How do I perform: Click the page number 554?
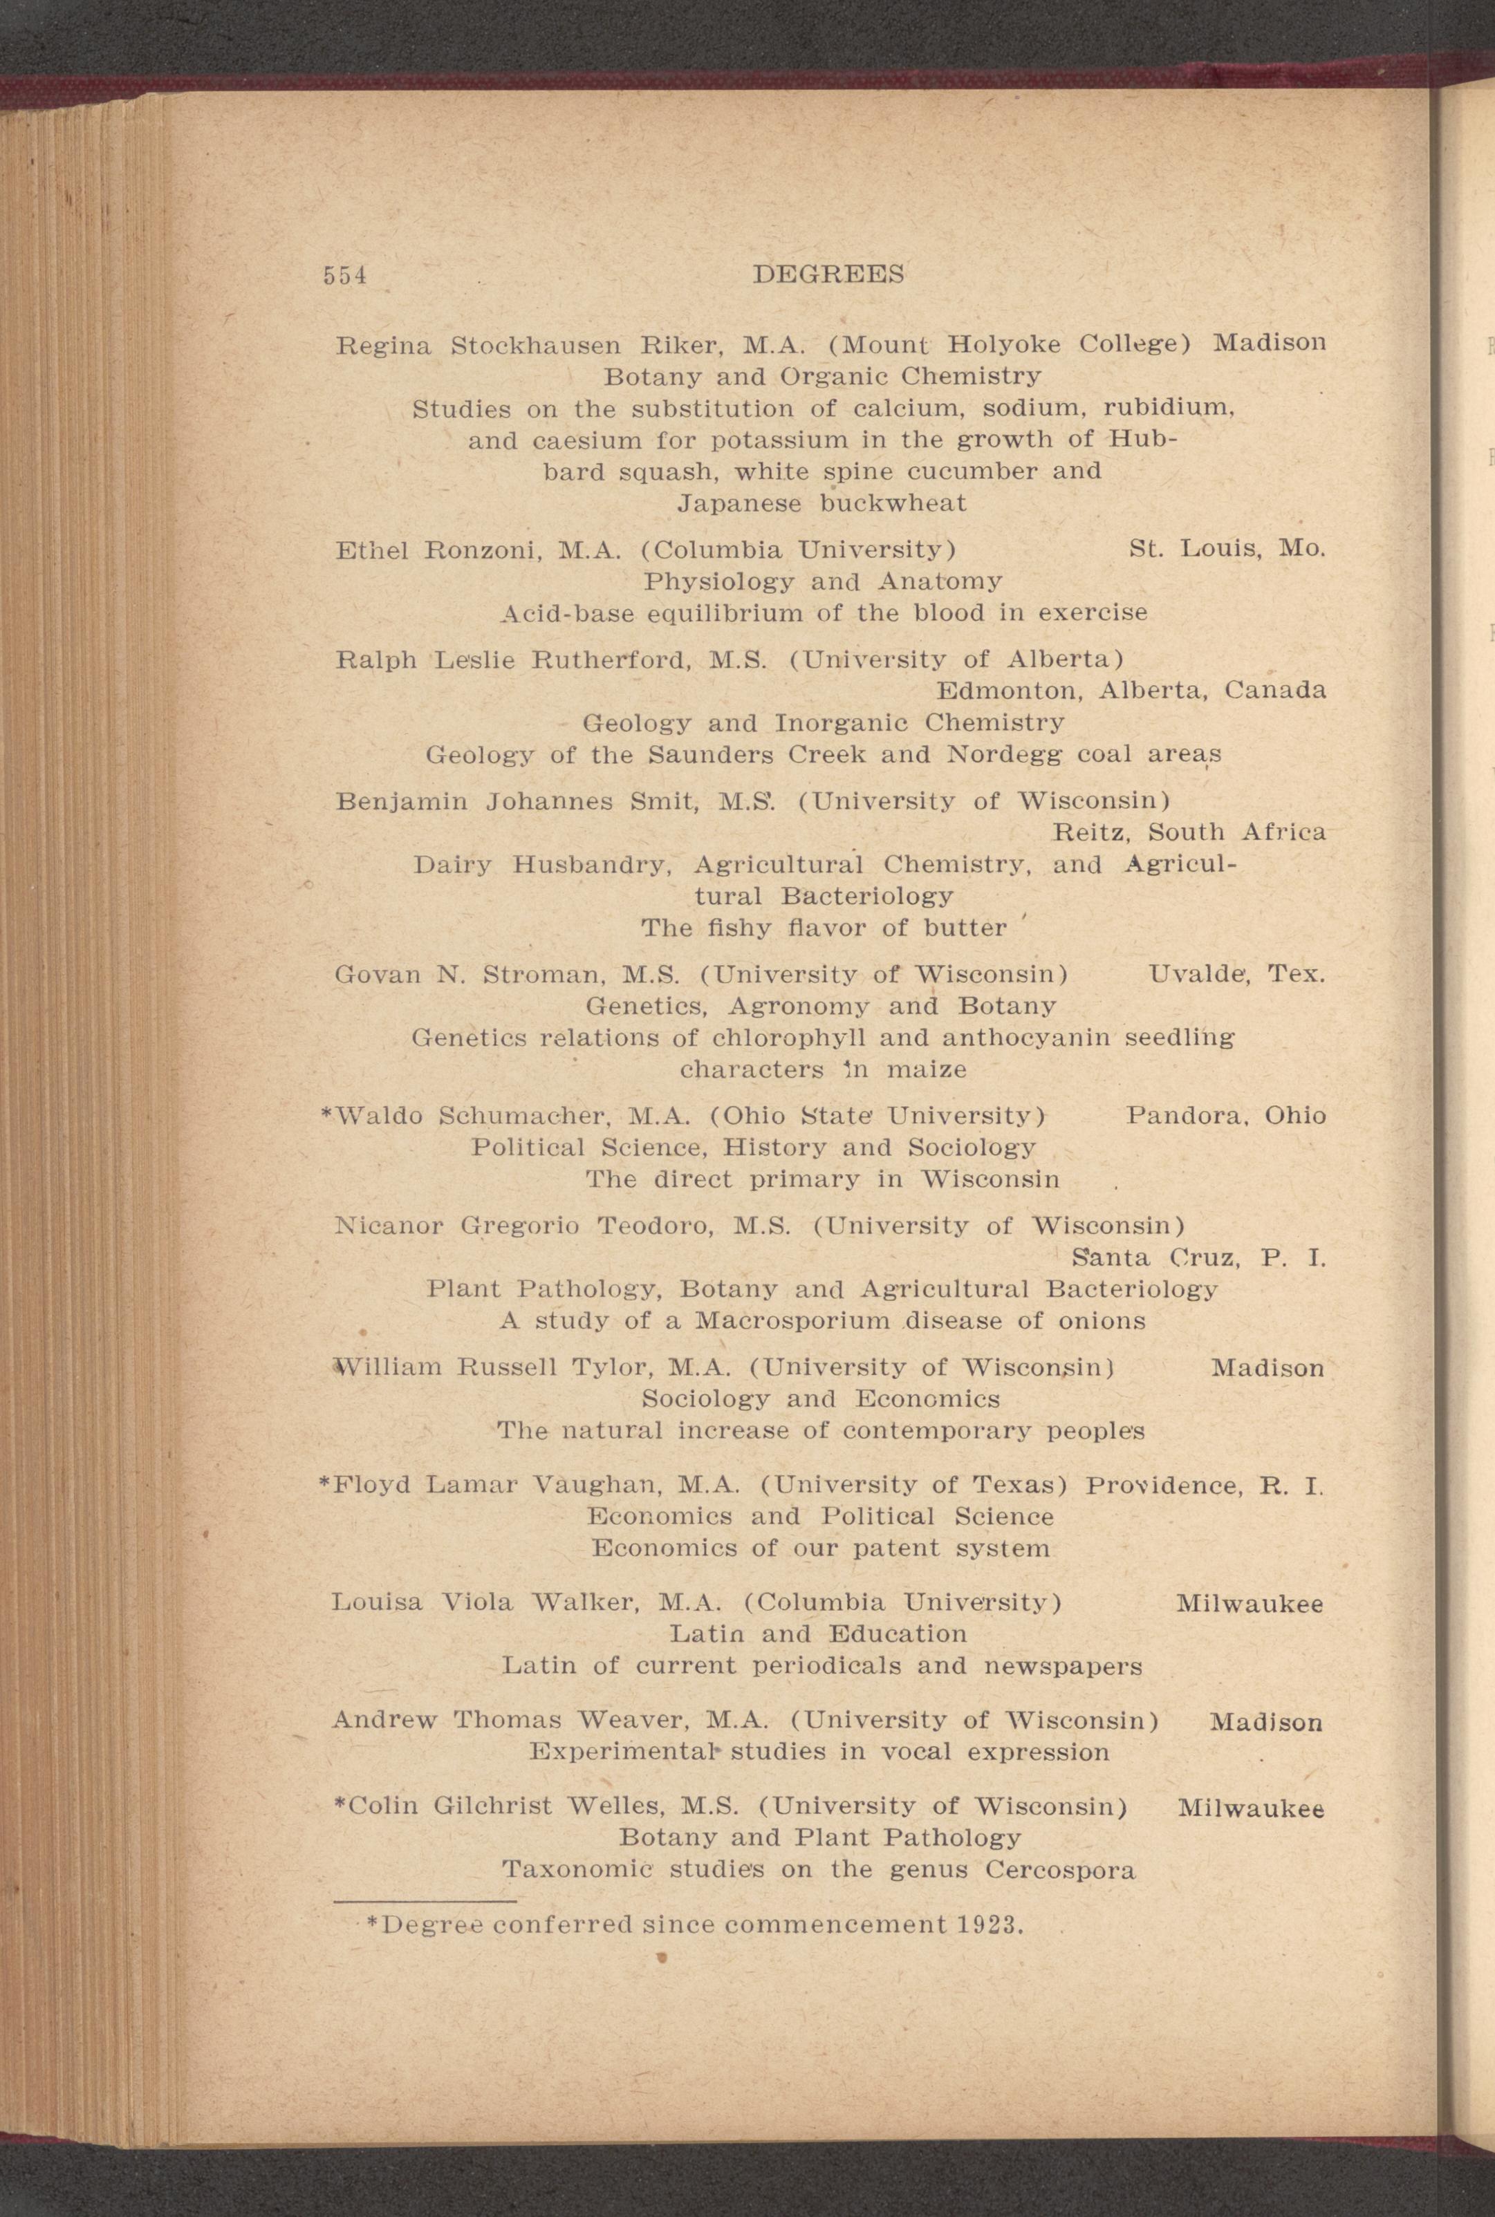click(344, 275)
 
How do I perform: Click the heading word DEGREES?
click(828, 274)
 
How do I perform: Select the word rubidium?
click(1169, 409)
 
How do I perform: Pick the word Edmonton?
click(1009, 690)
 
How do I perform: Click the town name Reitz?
click(1090, 832)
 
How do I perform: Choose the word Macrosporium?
click(792, 1321)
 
